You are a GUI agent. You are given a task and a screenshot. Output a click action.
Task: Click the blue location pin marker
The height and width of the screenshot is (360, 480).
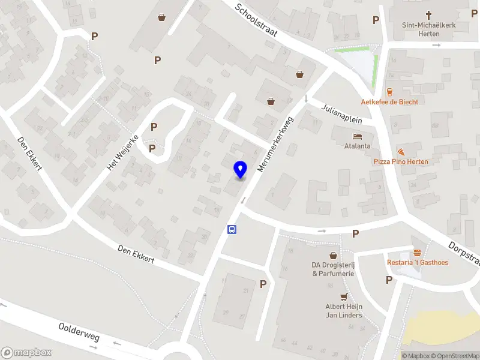pyautogui.click(x=241, y=170)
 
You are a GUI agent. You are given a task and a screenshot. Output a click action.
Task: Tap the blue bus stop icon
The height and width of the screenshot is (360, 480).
pyautogui.click(x=232, y=229)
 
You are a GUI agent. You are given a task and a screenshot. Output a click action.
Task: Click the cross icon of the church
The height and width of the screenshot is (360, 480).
pyautogui.click(x=429, y=14)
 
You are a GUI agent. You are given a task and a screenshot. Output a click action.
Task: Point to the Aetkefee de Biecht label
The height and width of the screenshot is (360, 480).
pyautogui.click(x=389, y=101)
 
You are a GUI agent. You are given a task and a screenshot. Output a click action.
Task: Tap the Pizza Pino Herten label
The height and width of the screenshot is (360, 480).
pyautogui.click(x=401, y=162)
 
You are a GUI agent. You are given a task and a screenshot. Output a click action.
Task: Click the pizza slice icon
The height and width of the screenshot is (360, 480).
pyautogui.click(x=400, y=152)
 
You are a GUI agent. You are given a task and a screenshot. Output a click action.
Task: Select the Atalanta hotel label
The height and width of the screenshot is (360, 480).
pyautogui.click(x=357, y=146)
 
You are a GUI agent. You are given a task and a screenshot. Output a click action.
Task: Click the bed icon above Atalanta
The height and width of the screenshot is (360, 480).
pyautogui.click(x=357, y=136)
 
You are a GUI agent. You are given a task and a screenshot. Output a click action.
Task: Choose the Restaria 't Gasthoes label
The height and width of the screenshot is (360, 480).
pyautogui.click(x=418, y=262)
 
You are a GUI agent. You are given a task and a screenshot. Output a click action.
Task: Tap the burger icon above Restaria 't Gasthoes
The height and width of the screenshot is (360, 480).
pyautogui.click(x=417, y=253)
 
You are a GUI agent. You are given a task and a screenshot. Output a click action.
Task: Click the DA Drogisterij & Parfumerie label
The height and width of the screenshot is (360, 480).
pyautogui.click(x=333, y=269)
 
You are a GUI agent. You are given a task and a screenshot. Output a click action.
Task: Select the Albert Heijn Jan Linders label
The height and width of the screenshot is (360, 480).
pyautogui.click(x=344, y=311)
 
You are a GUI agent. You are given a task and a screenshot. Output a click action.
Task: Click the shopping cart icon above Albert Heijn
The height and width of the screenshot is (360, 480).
pyautogui.click(x=344, y=296)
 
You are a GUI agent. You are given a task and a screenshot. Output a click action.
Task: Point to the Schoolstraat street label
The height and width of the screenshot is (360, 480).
pyautogui.click(x=256, y=20)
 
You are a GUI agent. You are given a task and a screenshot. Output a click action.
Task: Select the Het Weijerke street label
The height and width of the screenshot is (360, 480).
pyautogui.click(x=123, y=152)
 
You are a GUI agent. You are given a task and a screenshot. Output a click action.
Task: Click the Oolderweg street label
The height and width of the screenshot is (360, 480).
pyautogui.click(x=79, y=332)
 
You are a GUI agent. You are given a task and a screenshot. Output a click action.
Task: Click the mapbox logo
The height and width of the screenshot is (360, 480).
pyautogui.click(x=26, y=352)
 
